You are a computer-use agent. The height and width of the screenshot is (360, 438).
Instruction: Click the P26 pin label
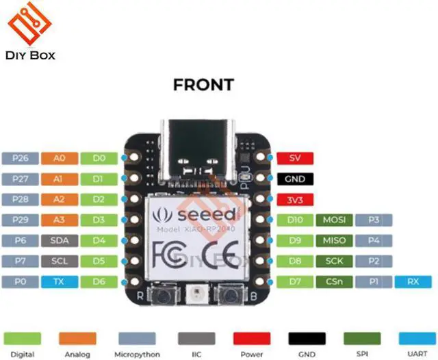[20, 158]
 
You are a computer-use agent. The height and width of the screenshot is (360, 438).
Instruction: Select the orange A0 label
[59, 158]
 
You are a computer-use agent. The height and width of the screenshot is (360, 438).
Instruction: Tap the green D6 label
[98, 281]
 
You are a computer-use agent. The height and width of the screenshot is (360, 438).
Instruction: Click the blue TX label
[59, 281]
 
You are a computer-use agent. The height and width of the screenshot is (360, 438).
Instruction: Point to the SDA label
[59, 240]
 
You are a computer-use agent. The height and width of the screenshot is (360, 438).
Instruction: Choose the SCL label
[59, 261]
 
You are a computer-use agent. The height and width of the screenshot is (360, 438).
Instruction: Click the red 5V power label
[295, 158]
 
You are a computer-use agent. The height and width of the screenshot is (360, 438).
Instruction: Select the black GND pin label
[295, 179]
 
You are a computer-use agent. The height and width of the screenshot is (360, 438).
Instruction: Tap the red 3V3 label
[295, 199]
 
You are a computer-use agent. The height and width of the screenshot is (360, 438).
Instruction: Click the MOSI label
[335, 220]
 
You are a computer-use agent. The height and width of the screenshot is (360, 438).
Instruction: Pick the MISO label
[335, 240]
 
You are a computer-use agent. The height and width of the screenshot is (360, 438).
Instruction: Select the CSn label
[335, 281]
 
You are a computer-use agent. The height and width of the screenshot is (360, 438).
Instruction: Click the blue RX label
[413, 281]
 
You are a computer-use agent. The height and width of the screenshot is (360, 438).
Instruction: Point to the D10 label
[295, 220]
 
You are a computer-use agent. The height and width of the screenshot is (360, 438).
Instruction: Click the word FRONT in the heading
[203, 86]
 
